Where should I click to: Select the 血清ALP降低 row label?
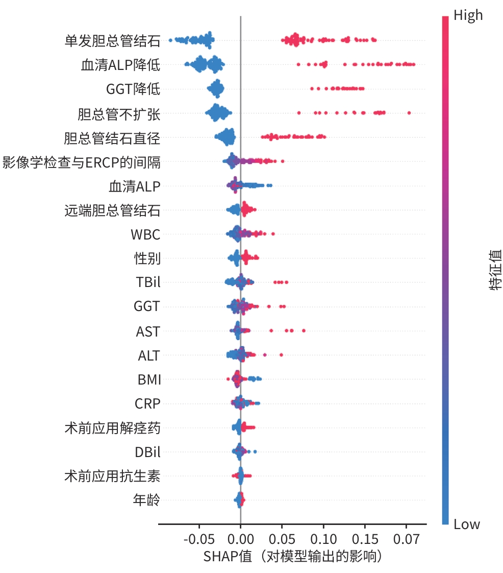coord(120,65)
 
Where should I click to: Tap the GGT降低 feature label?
coord(133,90)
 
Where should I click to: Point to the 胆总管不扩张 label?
coord(119,114)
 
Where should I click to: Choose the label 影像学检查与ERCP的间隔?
coord(82,163)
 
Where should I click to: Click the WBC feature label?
coord(145,235)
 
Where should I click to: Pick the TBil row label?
coord(148,282)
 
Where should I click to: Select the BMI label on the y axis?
coord(149,380)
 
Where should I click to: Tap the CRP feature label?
coord(147,404)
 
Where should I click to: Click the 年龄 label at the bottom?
coord(147,500)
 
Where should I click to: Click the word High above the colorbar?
coord(468,16)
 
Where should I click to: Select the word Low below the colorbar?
coord(467,524)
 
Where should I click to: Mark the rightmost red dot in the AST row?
coord(304,331)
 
